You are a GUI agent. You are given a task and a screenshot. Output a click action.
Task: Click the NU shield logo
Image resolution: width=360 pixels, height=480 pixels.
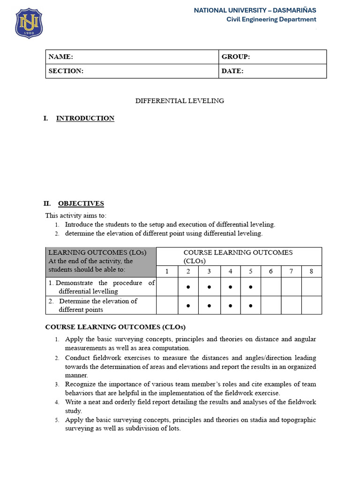coord(29,23)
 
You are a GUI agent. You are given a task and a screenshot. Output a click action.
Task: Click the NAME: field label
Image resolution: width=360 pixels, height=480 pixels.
coord(61,57)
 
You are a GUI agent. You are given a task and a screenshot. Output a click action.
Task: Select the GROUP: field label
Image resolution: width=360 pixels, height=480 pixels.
coord(236,57)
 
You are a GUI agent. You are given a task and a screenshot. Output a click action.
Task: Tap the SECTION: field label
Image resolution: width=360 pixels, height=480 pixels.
coord(66,71)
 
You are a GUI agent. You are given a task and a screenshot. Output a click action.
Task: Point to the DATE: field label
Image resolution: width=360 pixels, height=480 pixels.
coord(232,71)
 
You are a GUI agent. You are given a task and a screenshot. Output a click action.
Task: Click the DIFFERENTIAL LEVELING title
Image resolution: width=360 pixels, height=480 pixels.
coord(180,101)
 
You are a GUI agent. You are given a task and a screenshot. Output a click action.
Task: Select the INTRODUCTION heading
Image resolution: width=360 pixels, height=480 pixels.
coord(85,118)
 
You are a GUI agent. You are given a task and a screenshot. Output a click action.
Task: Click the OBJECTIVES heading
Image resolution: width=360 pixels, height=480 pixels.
coord(81,203)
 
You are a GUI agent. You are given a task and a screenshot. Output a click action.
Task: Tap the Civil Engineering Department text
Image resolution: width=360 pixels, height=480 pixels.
coord(271,19)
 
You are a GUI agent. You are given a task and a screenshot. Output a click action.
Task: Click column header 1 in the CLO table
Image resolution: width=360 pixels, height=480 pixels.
coord(167,271)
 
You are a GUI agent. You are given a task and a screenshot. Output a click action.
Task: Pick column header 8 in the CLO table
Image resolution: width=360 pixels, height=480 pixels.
coord(311,271)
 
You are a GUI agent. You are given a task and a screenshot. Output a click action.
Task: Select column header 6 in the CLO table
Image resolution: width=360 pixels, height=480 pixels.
coord(270,271)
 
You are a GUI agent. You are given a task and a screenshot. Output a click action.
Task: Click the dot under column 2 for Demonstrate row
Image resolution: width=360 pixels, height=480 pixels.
coord(188,287)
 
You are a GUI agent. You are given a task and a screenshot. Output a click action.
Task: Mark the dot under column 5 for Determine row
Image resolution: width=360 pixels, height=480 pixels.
coord(251,306)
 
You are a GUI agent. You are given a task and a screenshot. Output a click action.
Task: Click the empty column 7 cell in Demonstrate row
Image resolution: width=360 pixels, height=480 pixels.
coord(291,287)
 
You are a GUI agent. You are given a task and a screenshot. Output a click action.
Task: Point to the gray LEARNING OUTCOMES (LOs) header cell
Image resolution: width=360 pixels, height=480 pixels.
coord(100,261)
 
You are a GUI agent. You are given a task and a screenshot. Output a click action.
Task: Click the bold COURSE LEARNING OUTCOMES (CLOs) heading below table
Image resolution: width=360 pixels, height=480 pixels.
coord(115,327)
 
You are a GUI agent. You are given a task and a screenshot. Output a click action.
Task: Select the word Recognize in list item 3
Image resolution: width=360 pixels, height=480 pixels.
coord(81,384)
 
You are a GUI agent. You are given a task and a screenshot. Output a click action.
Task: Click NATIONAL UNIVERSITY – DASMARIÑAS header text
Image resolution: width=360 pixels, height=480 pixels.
coord(255,10)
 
